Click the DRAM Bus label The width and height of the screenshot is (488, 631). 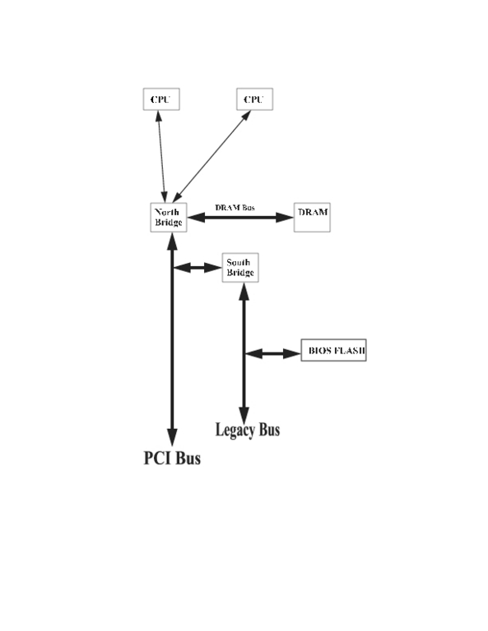235,208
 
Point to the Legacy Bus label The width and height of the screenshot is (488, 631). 248,430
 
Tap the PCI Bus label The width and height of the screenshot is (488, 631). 172,458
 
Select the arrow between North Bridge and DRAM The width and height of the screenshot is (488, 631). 240,218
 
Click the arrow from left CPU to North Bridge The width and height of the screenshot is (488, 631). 161,157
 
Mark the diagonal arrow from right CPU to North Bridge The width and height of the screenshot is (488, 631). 211,157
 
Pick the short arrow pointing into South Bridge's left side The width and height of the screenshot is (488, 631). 198,268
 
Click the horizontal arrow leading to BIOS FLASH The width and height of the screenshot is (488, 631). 273,354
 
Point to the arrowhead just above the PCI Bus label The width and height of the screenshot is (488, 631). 173,437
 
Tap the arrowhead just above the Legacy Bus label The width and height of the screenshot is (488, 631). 244,415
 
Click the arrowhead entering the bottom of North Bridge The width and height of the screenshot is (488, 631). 173,242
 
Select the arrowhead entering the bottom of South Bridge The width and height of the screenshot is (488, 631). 244,292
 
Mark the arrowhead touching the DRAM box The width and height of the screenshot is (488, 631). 285,218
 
